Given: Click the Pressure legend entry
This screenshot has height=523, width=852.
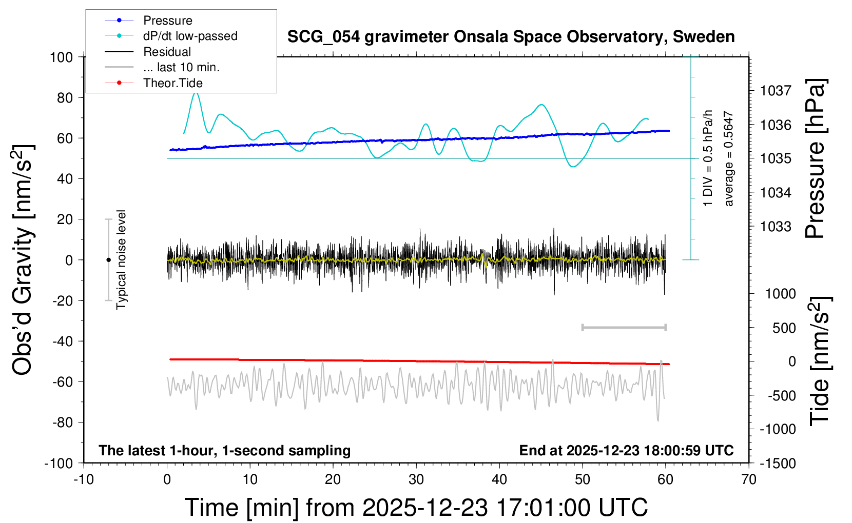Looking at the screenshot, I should point(167,21).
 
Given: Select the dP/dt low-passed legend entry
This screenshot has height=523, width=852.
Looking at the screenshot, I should point(190,36).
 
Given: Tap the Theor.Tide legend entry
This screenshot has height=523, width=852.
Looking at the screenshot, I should point(172,83).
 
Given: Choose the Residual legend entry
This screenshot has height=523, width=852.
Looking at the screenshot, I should point(167,52).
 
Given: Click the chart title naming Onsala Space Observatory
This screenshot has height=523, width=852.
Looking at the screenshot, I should point(511,37).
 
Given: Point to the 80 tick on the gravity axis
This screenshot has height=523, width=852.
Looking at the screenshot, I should point(65,97).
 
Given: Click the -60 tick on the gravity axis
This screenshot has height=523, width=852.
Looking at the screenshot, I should point(63,381).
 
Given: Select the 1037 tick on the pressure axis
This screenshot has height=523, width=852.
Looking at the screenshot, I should point(775,91).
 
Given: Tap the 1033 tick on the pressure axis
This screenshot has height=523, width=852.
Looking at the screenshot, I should point(775,226).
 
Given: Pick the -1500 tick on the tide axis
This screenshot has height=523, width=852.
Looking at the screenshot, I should point(778,464).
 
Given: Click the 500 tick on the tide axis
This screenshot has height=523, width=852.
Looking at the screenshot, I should point(784,328).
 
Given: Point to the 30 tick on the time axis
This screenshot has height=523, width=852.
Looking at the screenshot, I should point(416,480).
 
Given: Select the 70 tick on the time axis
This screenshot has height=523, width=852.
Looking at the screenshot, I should point(749,480).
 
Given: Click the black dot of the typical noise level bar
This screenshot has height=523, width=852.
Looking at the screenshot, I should point(108,260).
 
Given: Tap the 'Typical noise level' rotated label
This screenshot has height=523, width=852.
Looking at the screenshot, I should point(121,260).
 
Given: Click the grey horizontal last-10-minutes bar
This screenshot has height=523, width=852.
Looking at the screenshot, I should point(624,327).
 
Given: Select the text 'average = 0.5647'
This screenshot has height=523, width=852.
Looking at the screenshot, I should point(729,159).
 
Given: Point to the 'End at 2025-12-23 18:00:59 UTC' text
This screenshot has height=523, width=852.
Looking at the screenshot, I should point(626,451).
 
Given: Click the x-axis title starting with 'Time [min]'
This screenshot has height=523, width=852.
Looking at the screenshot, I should point(416,508).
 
